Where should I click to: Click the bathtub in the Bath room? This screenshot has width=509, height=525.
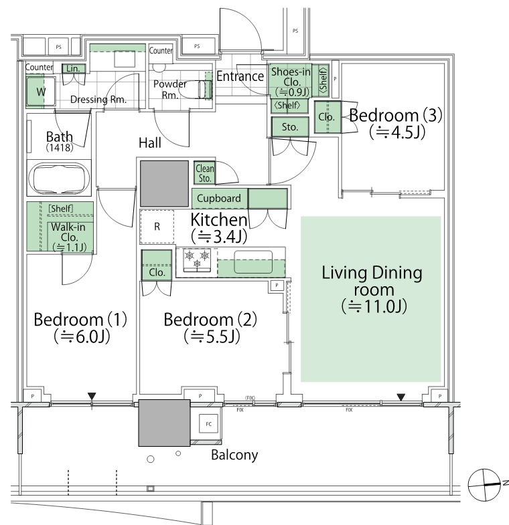(59, 178)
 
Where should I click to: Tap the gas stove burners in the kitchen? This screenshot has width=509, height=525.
(197, 259)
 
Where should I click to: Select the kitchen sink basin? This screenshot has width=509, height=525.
(253, 261)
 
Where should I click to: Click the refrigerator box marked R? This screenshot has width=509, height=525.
(157, 227)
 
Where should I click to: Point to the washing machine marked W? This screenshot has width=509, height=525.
(41, 92)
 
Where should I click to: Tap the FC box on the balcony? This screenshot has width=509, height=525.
(208, 424)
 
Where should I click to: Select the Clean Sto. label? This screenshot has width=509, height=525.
(204, 173)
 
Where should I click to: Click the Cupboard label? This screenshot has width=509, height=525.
(218, 198)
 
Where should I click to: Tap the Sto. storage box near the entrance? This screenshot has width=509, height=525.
(290, 127)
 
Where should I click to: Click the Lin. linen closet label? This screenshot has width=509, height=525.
(73, 69)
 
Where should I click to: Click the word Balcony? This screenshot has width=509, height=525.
(234, 455)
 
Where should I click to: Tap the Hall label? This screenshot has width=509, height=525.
(150, 143)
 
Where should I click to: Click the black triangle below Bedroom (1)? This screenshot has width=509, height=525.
(92, 396)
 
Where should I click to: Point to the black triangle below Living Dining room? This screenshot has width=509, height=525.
(401, 397)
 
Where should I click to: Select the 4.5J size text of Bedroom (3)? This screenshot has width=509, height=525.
(397, 132)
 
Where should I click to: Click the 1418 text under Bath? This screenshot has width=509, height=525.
(60, 147)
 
